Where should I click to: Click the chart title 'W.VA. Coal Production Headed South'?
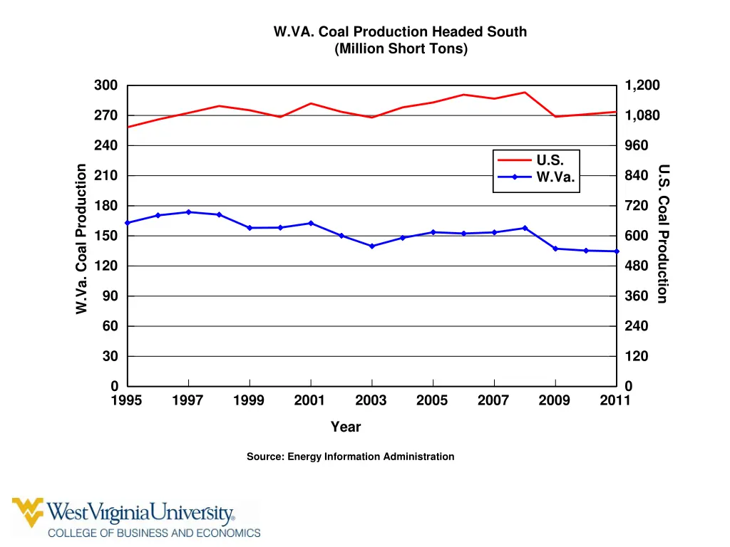pos(400,31)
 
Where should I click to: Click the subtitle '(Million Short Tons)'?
pos(400,48)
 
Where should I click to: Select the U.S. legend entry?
pos(550,160)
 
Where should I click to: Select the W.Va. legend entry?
pos(555,177)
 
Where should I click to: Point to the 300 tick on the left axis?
pos(106,85)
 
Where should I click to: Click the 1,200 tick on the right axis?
pos(642,85)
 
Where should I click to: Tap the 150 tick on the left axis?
pos(106,236)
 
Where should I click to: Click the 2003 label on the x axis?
pos(371,400)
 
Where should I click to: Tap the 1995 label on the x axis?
pos(127,400)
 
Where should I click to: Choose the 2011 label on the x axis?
pos(615,400)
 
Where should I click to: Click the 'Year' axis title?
pos(346,427)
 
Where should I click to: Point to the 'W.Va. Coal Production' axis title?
pos(82,238)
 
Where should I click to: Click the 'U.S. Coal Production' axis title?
pos(663,234)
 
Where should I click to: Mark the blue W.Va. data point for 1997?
pos(188,212)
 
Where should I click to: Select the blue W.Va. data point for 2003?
pos(371,246)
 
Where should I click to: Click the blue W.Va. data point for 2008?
pos(525,228)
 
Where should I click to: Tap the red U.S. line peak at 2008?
pos(525,93)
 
